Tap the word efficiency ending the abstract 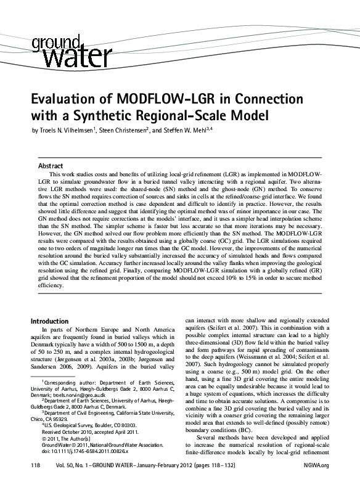tap(50, 286)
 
